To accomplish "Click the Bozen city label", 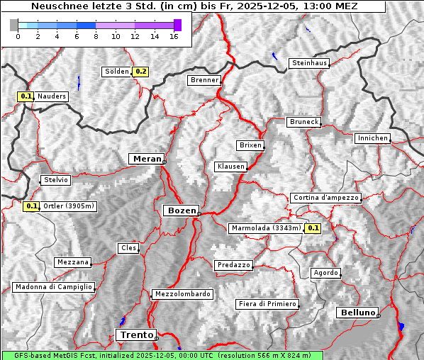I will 180,210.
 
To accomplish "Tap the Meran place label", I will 146,159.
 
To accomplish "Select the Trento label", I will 135,334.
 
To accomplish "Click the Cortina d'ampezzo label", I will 325,198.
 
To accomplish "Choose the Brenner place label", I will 205,80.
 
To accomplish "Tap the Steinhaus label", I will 309,63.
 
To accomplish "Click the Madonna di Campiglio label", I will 53,287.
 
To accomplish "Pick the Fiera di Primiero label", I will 267,304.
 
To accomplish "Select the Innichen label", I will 372,138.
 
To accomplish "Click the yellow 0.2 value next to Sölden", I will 141,72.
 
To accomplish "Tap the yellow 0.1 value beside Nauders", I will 26,96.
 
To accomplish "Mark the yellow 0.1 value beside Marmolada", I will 313,228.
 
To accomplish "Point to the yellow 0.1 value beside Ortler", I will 31,206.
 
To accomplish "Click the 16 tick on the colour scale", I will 174,36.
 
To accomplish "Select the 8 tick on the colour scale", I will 96,36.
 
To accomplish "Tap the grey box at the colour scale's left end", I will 14,25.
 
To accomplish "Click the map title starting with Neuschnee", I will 194,6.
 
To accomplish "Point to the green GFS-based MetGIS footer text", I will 162,355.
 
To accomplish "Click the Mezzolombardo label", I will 182,293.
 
